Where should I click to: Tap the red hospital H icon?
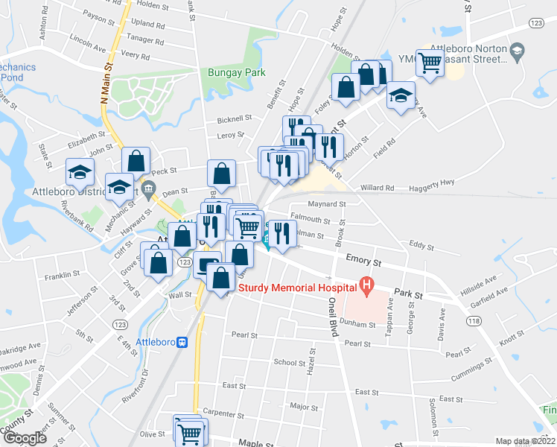pos(366,284)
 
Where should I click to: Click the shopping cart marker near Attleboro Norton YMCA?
pos(430,63)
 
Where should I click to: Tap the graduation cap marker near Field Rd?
pos(401,96)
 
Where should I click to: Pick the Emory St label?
pos(363,261)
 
